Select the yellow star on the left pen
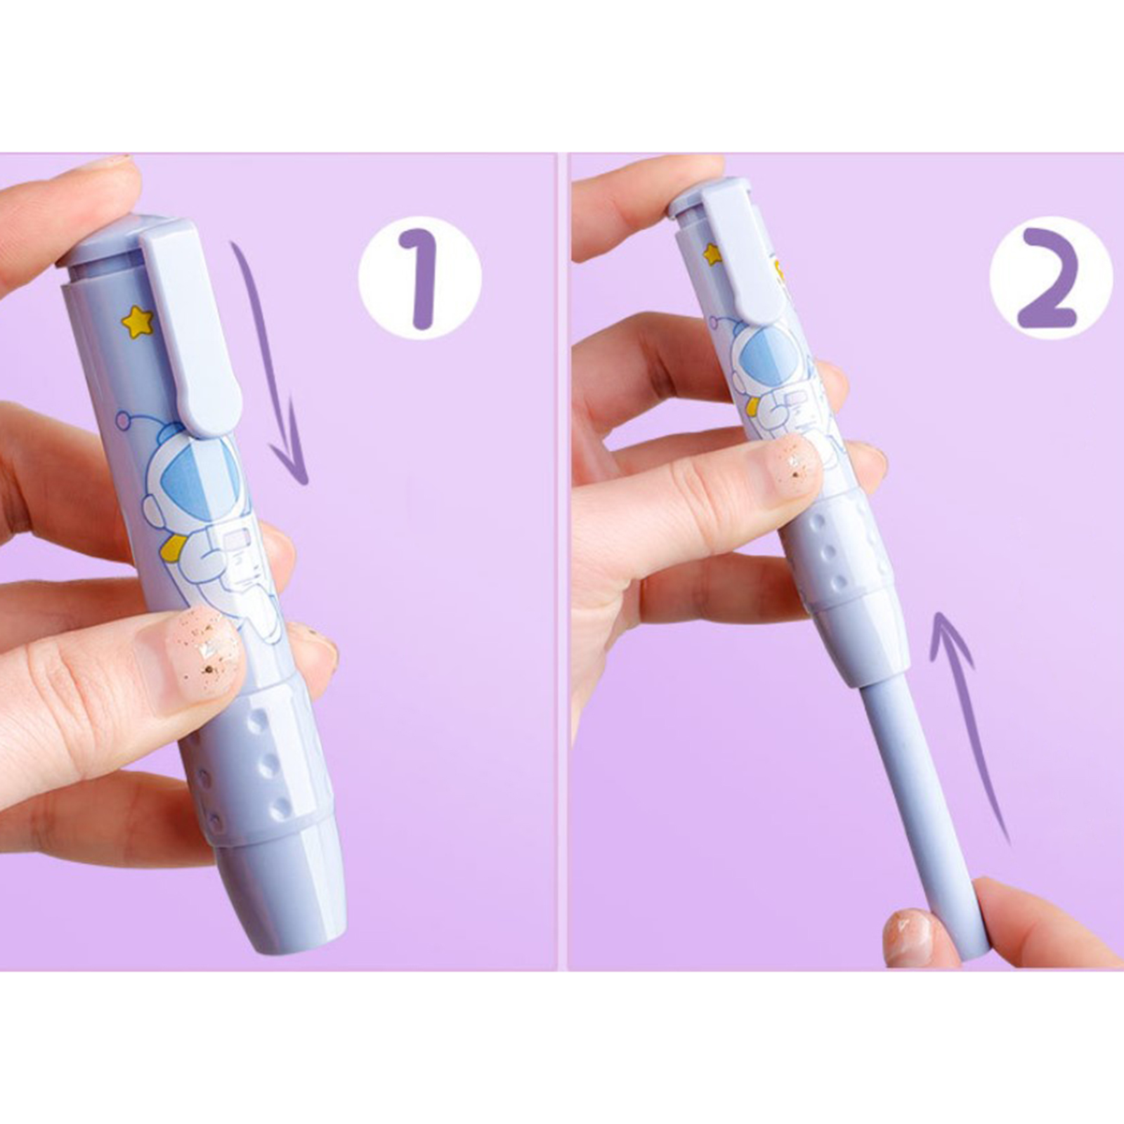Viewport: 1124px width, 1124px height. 138,321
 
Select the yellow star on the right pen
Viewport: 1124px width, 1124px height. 713,254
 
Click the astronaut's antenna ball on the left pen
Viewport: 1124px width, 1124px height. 124,421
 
